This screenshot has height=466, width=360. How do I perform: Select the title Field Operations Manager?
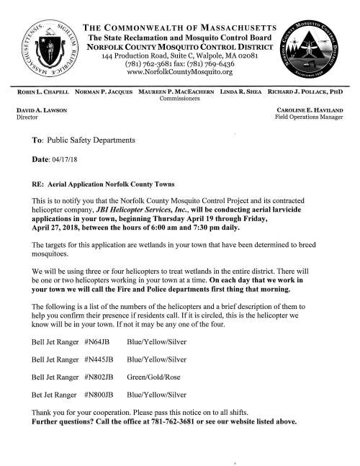312,116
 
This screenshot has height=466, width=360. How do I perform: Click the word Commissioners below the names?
179,102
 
